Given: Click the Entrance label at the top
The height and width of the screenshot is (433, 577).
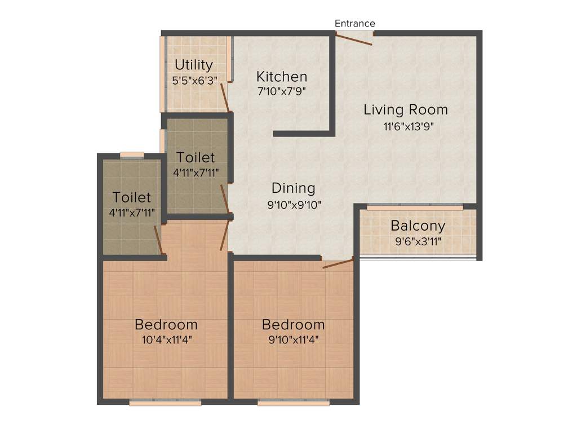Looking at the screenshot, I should coord(354,23).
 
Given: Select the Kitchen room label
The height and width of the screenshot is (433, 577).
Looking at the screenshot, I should coord(282,76).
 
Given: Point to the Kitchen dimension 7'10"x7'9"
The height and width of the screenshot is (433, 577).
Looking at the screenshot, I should coord(282,91).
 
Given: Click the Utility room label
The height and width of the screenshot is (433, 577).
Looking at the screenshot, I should coord(194,64).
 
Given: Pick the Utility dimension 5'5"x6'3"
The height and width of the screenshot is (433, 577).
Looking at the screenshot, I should coord(194,79).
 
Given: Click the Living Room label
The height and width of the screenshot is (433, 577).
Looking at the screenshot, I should coord(405,109).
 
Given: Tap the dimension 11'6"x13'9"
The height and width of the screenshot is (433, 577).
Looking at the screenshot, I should coord(409,127).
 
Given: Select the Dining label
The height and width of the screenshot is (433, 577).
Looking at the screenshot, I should coord(293,188).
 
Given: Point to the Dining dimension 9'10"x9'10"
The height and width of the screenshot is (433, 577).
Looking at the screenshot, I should coord(294,205).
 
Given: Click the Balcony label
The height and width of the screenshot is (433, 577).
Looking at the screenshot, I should coord(418,226).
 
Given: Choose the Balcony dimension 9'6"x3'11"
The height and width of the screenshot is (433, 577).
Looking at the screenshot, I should coord(418,243).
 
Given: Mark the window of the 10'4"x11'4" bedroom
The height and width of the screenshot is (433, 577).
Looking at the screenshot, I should coord(165,403).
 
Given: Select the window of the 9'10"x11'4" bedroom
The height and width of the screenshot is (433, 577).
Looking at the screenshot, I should coord(294,403).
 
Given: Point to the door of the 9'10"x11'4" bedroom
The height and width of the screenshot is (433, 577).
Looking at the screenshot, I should coord(338,263).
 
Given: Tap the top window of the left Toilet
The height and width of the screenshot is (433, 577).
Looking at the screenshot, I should coord(132,155).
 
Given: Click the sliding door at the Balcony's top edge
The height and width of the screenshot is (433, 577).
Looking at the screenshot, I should coord(415,206).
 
